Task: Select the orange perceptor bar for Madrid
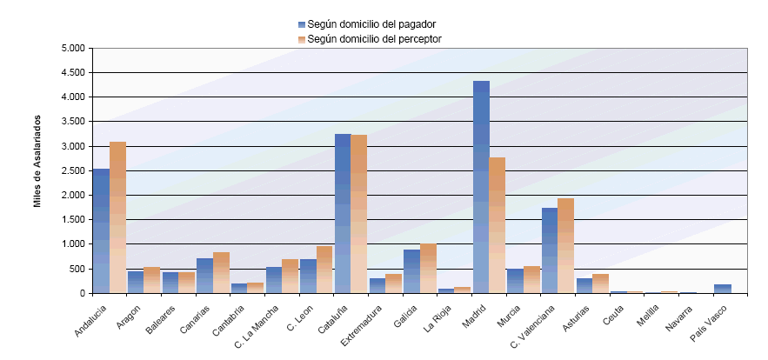(498, 225)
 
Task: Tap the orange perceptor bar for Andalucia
(118, 217)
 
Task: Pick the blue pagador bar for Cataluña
(343, 213)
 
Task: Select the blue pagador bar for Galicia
(411, 271)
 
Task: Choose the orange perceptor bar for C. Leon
(325, 270)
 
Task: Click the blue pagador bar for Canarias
(204, 276)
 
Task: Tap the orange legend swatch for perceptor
(302, 39)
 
